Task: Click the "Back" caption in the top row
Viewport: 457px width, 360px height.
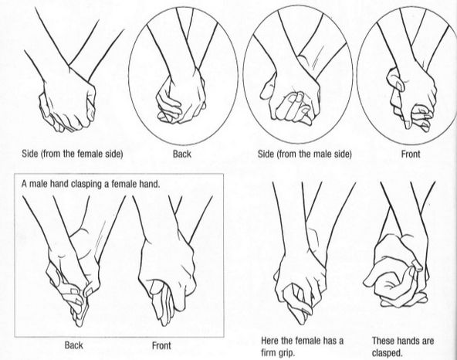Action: [x=182, y=155]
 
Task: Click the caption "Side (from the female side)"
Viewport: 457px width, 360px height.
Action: [x=66, y=155]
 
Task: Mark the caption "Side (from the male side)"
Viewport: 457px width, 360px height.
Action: [x=304, y=155]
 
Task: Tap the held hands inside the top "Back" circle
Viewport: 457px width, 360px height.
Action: [x=183, y=97]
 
